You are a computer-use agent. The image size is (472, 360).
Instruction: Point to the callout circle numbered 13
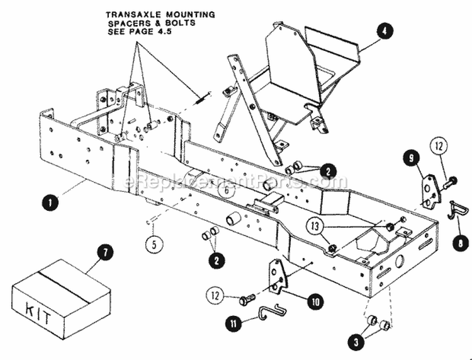click(318, 225)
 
